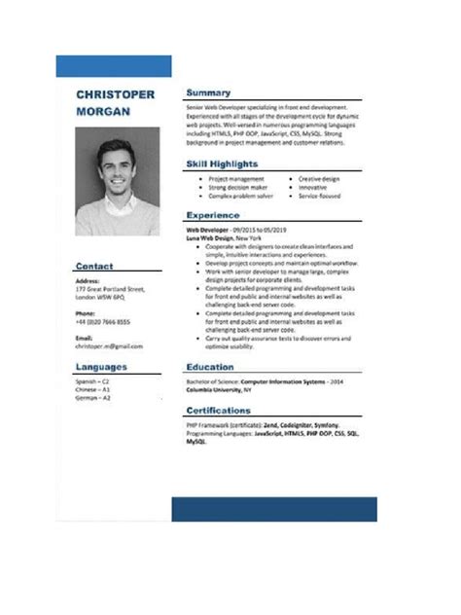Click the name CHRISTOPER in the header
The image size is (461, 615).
[x=115, y=94]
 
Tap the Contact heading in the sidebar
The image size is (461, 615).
[x=95, y=266]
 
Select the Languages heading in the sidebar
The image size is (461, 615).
[x=102, y=367]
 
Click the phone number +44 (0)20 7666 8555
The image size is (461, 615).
[x=103, y=322]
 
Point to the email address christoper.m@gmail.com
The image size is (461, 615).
[x=109, y=345]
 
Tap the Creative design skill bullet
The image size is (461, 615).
[x=318, y=179]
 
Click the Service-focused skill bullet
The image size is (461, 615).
[x=319, y=196]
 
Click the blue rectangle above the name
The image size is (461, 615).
[x=114, y=66]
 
